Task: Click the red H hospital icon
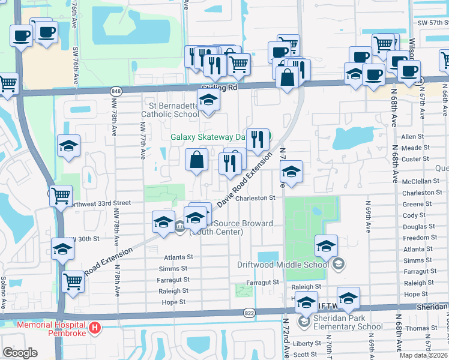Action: (x=95, y=328)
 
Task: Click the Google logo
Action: (x=20, y=353)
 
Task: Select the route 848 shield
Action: (x=116, y=91)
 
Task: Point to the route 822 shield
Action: (x=249, y=313)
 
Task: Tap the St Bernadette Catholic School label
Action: (x=170, y=110)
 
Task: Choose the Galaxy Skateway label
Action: (x=208, y=137)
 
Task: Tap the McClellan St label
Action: (x=421, y=181)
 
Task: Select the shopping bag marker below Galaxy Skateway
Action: (x=196, y=160)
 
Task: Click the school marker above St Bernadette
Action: (x=208, y=100)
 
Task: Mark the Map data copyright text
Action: (x=423, y=355)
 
